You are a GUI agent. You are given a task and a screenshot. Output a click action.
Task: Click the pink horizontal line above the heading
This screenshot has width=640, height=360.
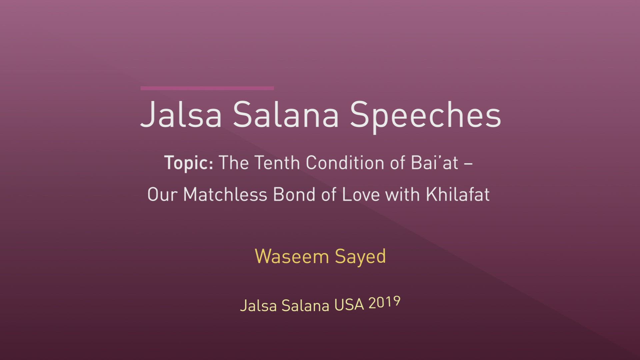pos(207,88)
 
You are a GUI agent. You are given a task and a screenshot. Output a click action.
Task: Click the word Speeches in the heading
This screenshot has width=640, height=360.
pos(425,115)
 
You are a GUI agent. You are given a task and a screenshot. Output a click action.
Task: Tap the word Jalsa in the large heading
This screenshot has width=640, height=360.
pos(181,115)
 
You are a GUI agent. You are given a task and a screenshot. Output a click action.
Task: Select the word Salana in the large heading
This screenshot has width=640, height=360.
pos(286,115)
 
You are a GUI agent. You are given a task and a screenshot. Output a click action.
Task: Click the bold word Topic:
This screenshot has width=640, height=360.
pos(189,163)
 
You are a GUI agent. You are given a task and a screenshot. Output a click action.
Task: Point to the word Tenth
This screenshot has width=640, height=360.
pos(277,163)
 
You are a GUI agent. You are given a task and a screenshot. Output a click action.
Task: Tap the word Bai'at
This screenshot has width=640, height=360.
pos(434,163)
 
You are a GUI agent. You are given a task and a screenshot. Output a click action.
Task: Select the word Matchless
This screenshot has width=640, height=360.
pos(225,194)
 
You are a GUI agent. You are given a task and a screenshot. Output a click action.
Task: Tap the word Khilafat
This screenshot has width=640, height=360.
pos(458,194)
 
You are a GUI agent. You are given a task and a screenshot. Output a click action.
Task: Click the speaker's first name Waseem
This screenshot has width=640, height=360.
pos(292,257)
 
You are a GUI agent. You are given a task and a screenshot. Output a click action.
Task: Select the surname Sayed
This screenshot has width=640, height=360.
pos(360,257)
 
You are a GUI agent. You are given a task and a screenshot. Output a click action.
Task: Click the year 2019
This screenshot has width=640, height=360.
pos(384,303)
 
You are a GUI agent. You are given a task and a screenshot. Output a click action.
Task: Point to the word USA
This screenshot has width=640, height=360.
pos(349,305)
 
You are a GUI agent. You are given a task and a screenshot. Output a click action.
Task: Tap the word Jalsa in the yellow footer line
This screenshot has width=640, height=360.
pos(258,306)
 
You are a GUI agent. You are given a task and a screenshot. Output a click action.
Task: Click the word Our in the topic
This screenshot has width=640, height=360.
pos(162,194)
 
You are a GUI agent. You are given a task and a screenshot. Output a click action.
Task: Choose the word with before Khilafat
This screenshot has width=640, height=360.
pos(402,194)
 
